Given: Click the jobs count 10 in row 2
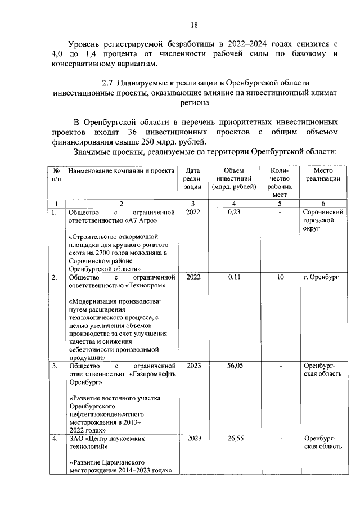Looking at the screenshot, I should pos(280,277).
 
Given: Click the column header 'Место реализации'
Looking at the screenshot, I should pos(323,175).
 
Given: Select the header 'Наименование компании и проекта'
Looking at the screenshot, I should pos(119,170).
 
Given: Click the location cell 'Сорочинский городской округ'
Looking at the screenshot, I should pos(323,221).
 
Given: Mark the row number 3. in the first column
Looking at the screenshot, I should pos(55,366).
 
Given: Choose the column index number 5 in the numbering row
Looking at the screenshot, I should pos(280,203).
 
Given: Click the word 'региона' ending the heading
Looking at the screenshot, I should pos(193,103).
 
